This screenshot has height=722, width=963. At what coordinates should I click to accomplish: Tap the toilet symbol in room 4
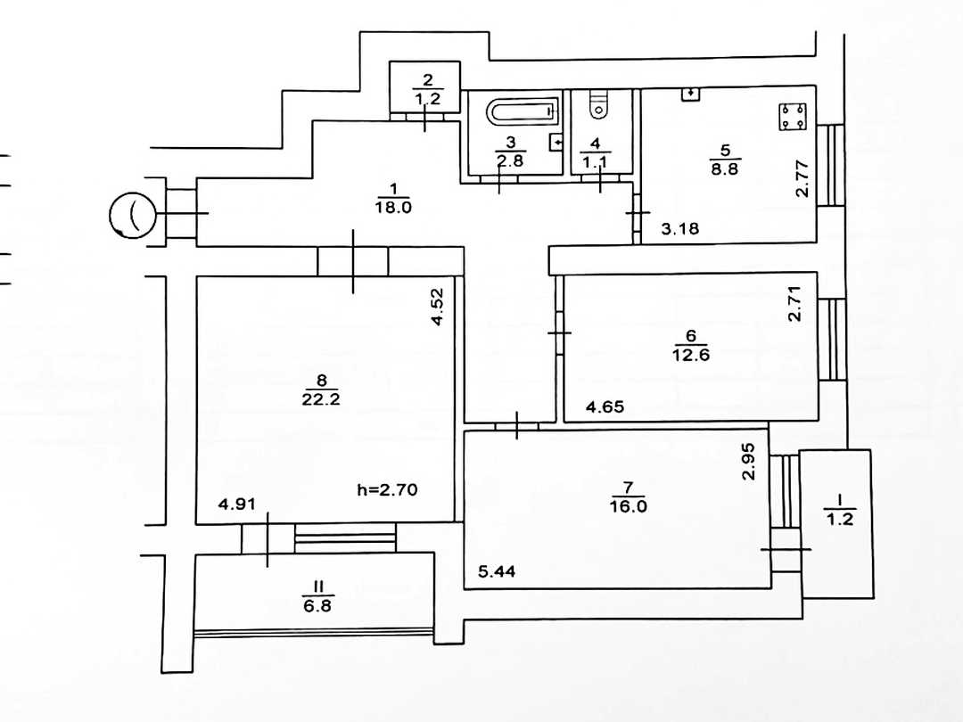pyautogui.click(x=599, y=105)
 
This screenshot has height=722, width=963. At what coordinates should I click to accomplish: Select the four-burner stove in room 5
pyautogui.click(x=793, y=117)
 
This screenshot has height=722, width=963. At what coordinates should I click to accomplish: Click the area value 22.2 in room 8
pyautogui.click(x=321, y=399)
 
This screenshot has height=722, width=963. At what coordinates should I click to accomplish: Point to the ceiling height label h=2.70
pyautogui.click(x=387, y=490)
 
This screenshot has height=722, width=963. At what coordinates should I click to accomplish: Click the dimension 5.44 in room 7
pyautogui.click(x=497, y=571)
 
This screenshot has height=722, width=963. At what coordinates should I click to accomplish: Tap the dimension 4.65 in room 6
pyautogui.click(x=605, y=406)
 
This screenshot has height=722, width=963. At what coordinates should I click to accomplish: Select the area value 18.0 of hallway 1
pyautogui.click(x=393, y=208)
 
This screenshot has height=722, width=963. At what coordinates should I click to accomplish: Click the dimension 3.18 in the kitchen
pyautogui.click(x=679, y=229)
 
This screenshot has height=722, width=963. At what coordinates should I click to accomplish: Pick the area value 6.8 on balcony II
pyautogui.click(x=317, y=606)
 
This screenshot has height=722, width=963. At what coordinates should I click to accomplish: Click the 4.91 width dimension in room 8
pyautogui.click(x=237, y=504)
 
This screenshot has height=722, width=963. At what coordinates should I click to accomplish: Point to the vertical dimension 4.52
pyautogui.click(x=437, y=307)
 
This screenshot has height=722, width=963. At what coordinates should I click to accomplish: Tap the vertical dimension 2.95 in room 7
pyautogui.click(x=748, y=461)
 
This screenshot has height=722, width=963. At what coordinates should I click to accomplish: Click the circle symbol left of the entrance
pyautogui.click(x=133, y=215)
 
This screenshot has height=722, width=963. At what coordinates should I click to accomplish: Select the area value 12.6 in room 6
pyautogui.click(x=691, y=355)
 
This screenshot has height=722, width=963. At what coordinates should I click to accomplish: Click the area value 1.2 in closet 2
pyautogui.click(x=427, y=98)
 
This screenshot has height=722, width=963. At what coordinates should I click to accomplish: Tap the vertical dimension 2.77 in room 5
pyautogui.click(x=802, y=178)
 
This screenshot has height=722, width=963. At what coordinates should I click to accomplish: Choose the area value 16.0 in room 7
pyautogui.click(x=629, y=506)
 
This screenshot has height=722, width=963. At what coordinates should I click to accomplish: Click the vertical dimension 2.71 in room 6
pyautogui.click(x=794, y=303)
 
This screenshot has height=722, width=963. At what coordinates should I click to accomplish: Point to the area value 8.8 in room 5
pyautogui.click(x=725, y=168)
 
